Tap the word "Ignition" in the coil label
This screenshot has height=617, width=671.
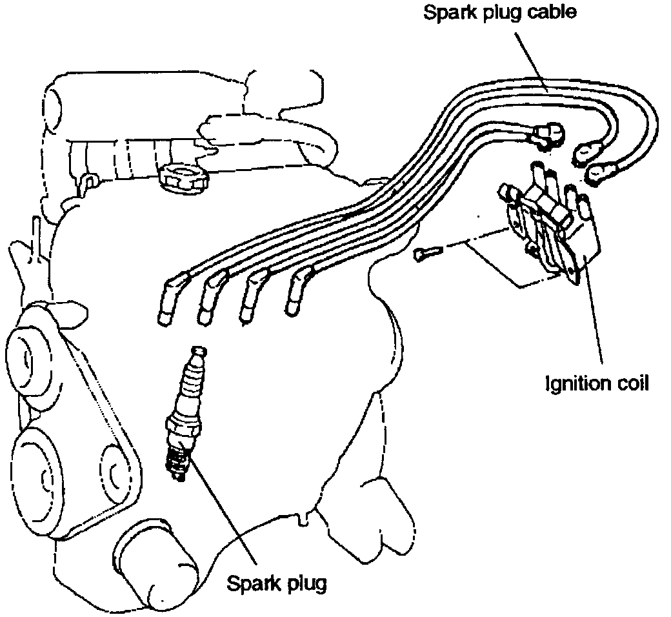pyautogui.click(x=574, y=383)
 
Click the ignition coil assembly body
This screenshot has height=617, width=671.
pyautogui.click(x=555, y=226)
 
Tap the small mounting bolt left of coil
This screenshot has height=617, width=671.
pyautogui.click(x=425, y=254)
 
